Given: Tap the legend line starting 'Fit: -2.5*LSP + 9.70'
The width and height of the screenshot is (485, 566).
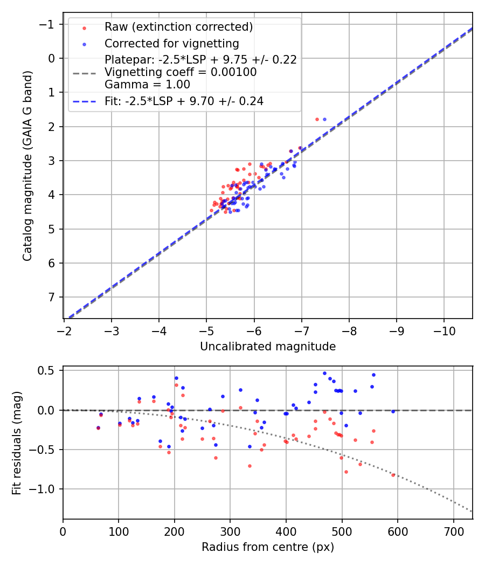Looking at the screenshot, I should tap(184, 101).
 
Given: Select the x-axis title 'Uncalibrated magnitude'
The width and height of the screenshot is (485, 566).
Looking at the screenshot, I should tap(268, 347).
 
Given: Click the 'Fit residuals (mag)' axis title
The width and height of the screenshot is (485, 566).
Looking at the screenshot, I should tap(17, 443).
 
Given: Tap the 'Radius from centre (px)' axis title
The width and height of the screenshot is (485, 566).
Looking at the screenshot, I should tap(268, 547).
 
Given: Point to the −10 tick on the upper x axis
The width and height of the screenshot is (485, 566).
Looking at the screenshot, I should tap(444, 328).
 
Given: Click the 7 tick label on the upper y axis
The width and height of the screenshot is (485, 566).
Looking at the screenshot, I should tap(51, 298).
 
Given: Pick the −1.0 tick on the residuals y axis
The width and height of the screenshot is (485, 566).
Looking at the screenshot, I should tap(45, 489).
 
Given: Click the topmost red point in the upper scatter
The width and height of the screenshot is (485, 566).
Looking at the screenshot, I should tap(317, 119).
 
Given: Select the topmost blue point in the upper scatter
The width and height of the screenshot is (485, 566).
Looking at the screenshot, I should tap(324, 119).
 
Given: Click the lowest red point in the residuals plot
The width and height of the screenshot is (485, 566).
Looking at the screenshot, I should tap(393, 475).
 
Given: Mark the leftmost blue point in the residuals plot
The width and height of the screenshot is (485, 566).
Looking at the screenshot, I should tap(98, 427).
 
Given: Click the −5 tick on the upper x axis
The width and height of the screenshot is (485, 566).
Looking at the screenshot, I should tap(206, 328).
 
